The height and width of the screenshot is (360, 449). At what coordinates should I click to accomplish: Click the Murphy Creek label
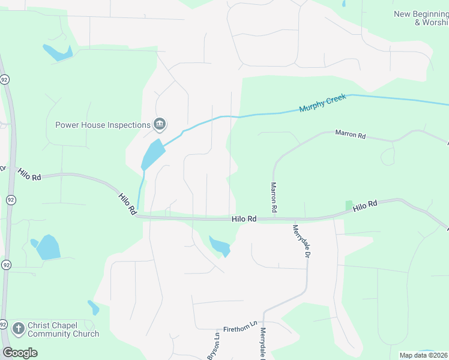click(x=324, y=103)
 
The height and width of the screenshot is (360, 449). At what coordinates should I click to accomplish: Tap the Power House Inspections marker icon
click(x=160, y=125)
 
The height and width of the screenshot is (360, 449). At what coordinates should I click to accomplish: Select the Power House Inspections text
click(x=103, y=125)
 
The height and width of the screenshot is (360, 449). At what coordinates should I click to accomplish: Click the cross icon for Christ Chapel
click(x=19, y=329)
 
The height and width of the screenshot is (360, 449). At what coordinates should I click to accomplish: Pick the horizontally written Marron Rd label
click(x=351, y=135)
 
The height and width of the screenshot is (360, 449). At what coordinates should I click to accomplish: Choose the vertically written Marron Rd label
click(x=274, y=198)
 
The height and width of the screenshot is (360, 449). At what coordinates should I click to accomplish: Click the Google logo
click(x=19, y=353)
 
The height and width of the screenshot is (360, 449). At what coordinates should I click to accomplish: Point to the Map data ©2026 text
click(x=423, y=355)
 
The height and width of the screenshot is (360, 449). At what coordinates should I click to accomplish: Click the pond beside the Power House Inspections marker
click(x=152, y=154)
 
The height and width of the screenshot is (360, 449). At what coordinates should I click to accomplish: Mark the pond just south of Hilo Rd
click(x=219, y=245)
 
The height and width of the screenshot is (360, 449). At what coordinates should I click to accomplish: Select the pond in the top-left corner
click(x=56, y=53)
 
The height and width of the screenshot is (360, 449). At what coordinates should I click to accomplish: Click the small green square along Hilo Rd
click(x=349, y=205)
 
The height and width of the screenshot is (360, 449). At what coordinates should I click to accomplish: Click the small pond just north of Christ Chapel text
click(x=93, y=307)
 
